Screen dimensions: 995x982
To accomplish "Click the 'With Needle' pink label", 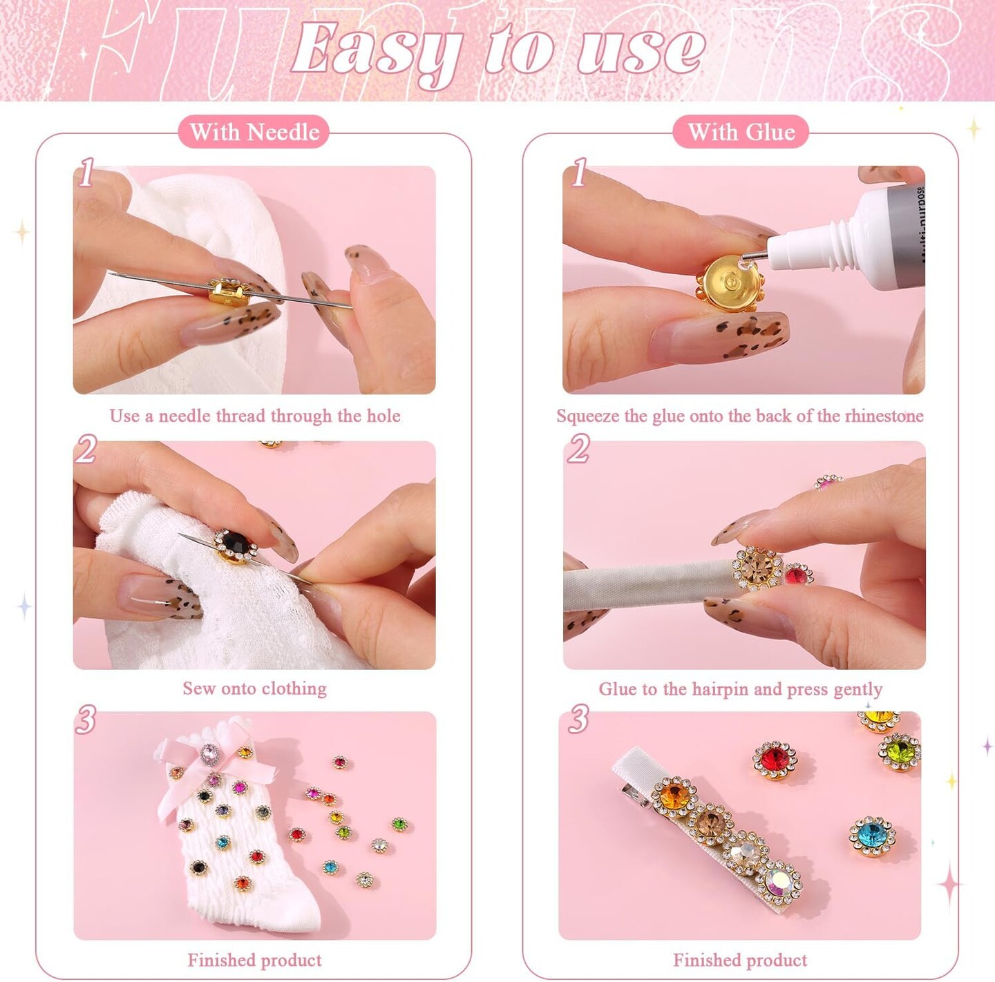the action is (254, 132).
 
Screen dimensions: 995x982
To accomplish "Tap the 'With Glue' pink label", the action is (741, 132).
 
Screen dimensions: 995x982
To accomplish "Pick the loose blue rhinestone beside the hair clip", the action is (872, 836).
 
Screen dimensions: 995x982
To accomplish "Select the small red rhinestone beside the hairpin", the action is (798, 574).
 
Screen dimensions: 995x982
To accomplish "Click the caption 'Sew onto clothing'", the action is (254, 689).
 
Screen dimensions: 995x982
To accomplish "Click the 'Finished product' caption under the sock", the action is (254, 960).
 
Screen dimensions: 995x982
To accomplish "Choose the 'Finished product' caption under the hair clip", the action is (740, 960).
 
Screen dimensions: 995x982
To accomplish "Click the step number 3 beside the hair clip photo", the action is (578, 718).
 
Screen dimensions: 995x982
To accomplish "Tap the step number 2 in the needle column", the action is (86, 448).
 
